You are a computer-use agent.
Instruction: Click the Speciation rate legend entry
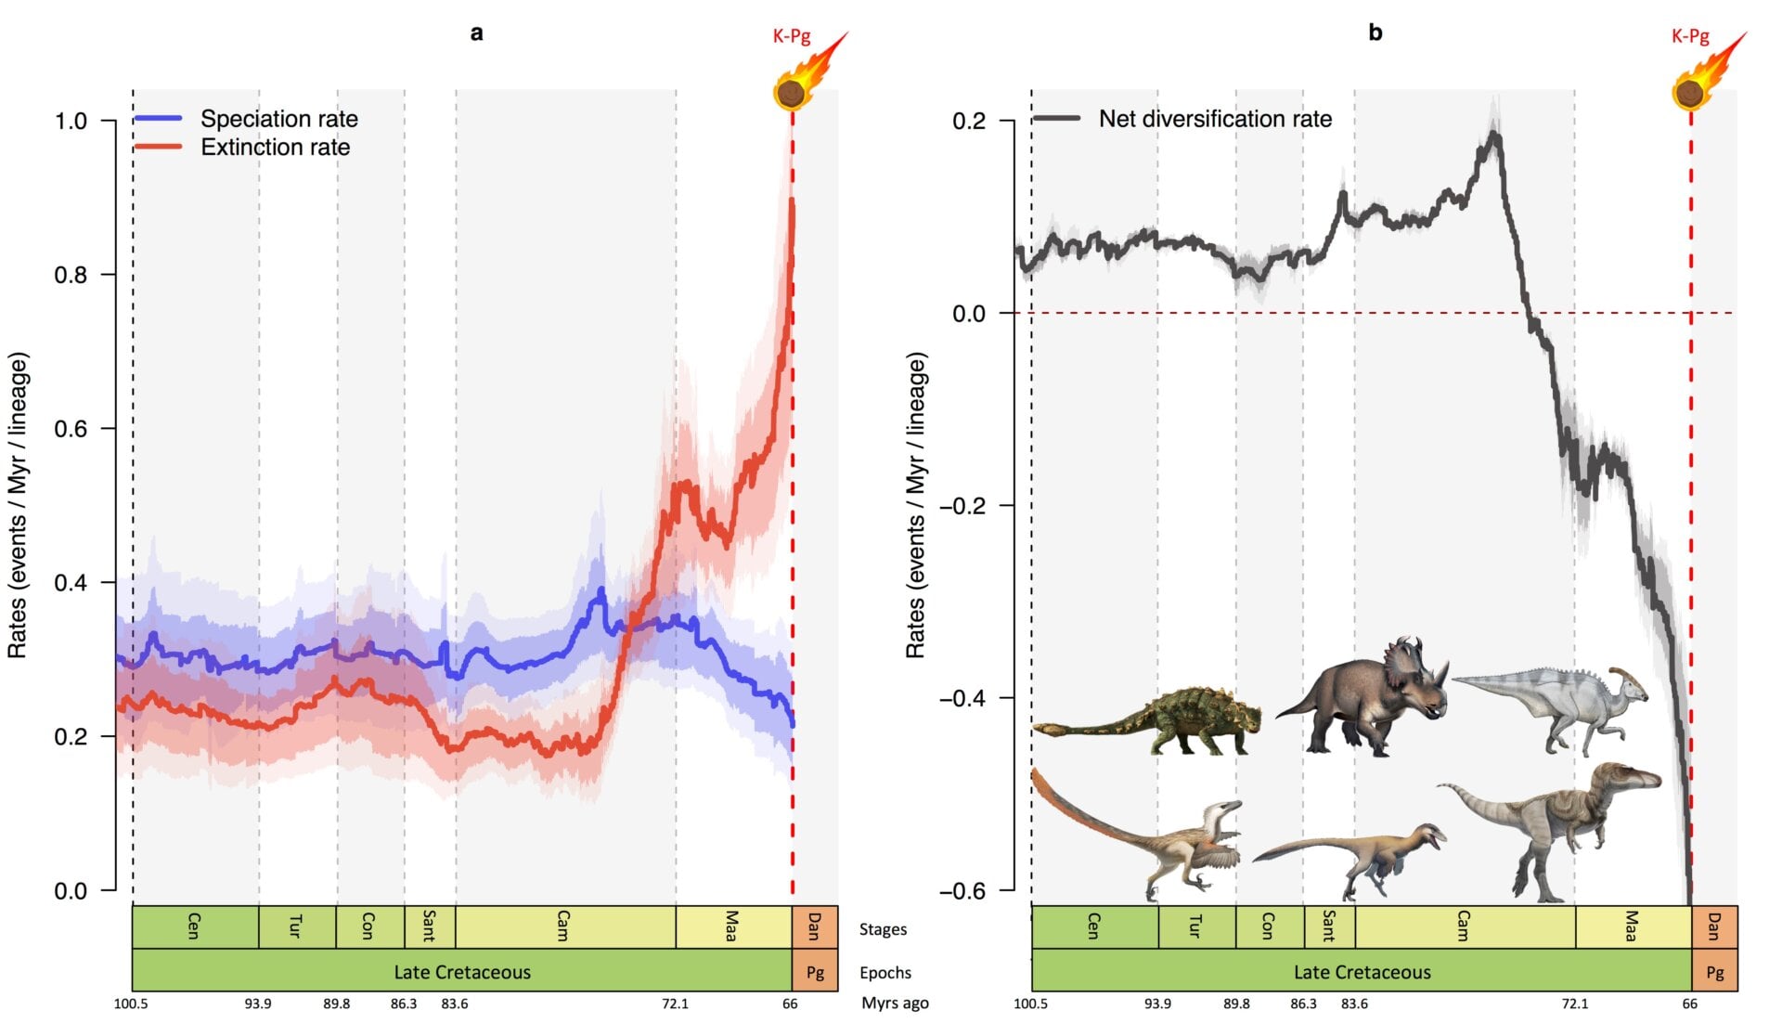pos(278,119)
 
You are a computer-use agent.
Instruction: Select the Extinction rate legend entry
pos(275,148)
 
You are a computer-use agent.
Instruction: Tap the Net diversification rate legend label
pos(1214,119)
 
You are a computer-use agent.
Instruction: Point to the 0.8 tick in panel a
pos(71,275)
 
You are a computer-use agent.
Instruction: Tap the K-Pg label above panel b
pos(1689,36)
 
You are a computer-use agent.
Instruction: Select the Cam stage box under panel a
pos(563,926)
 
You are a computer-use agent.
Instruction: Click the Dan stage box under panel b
pos(1713,926)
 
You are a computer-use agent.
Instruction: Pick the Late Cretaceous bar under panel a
pos(461,972)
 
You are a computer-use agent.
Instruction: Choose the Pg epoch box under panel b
pos(1713,972)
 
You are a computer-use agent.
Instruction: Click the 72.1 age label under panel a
pos(675,1004)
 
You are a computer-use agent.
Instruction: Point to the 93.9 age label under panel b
pos(1157,1004)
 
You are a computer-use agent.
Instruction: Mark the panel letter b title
pos(1375,32)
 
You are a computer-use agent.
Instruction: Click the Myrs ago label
pos(894,1003)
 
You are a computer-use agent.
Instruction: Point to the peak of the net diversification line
pos(1494,136)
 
